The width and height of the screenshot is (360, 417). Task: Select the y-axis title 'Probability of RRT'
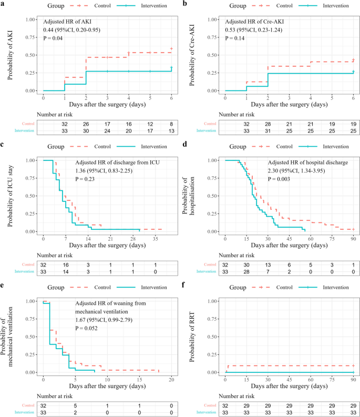(x=192, y=337)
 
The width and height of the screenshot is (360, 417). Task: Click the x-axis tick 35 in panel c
(x=156, y=238)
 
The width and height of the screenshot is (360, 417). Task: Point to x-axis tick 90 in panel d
(x=353, y=238)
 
